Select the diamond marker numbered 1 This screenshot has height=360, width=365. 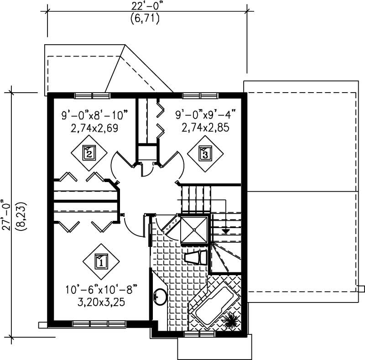click(x=101, y=261)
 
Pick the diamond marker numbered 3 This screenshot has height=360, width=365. click(x=205, y=153)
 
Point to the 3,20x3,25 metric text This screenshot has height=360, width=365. click(x=101, y=301)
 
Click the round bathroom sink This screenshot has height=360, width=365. click(x=159, y=297)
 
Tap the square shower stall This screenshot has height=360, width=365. click(x=194, y=230)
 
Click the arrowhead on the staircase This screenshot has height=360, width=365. click(x=225, y=231)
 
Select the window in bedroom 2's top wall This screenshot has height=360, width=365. click(x=93, y=95)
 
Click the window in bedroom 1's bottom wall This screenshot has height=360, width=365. click(x=99, y=324)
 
